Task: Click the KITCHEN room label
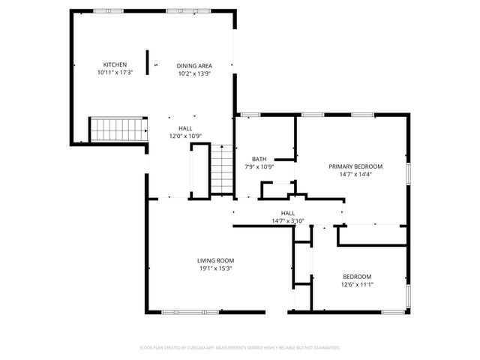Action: [x=115, y=65]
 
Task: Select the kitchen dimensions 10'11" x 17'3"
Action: [x=115, y=73]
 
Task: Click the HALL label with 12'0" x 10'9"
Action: [x=184, y=128]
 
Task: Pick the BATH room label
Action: [x=259, y=158]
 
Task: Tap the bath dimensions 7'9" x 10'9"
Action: [x=259, y=166]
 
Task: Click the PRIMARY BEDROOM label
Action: [x=355, y=166]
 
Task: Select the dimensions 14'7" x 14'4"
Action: [x=355, y=174]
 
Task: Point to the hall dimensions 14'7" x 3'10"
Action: [x=288, y=221]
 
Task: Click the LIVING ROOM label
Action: [x=215, y=260]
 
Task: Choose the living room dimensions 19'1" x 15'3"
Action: [x=215, y=268]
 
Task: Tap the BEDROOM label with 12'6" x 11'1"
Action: [x=357, y=276]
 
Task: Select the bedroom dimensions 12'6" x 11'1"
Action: [x=357, y=284]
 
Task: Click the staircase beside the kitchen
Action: [x=118, y=129]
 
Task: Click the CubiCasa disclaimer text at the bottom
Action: [x=240, y=348]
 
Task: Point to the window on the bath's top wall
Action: [x=250, y=115]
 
